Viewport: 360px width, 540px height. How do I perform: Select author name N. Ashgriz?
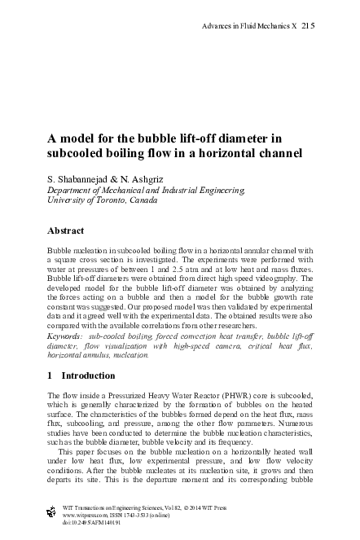tap(140, 177)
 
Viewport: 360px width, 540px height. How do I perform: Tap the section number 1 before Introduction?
tap(50, 375)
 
